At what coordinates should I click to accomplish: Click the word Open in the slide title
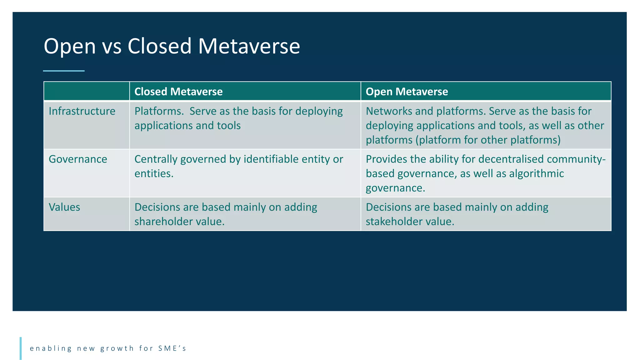[69, 47]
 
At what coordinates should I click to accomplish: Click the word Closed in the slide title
[159, 47]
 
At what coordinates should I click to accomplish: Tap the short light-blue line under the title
[64, 71]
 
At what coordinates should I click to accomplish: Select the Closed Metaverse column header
[178, 92]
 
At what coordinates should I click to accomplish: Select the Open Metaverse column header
[407, 92]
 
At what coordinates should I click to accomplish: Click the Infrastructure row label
[82, 111]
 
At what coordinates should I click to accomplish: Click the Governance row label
[78, 159]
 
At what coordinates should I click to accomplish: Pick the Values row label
[64, 207]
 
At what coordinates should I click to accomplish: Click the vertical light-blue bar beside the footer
[21, 348]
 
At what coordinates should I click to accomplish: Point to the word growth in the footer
[117, 348]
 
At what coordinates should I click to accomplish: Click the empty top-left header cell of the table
[87, 91]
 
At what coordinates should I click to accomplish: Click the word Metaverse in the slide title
[249, 47]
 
